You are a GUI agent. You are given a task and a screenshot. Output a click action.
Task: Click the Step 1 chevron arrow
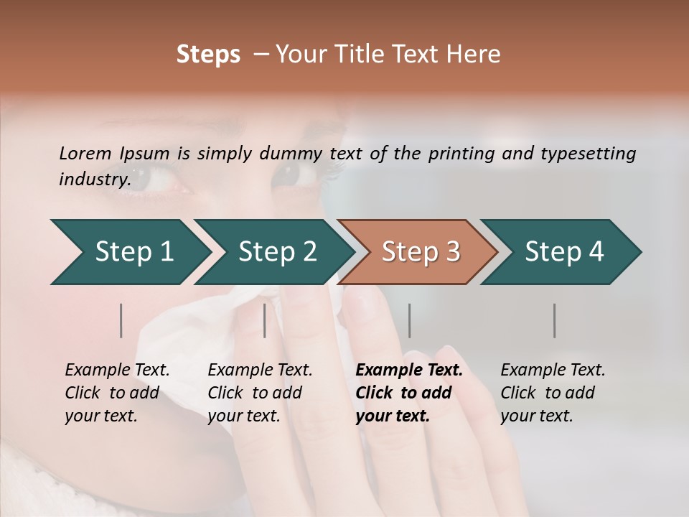coord(133,252)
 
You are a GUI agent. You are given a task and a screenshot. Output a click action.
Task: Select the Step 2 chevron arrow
coord(277,252)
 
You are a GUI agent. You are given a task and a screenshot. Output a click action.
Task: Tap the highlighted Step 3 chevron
coord(421,252)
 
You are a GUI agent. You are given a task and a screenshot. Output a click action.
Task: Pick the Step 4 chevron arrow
coord(564,252)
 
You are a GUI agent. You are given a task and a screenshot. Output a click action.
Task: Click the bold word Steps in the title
coord(208,55)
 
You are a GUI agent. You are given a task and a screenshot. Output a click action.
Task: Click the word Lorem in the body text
coord(85,154)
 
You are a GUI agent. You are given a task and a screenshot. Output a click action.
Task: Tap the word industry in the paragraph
coord(93,179)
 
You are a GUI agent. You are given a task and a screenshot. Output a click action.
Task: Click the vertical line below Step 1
coord(121,320)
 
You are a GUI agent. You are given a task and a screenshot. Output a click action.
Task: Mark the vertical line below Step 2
coord(265,320)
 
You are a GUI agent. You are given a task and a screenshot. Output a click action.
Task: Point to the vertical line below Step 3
coord(410,320)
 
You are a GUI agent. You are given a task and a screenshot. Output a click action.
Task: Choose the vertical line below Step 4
coord(555,320)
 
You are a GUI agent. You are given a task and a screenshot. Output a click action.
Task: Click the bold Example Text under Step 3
coord(409,371)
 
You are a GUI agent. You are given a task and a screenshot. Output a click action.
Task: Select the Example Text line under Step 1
coord(117,371)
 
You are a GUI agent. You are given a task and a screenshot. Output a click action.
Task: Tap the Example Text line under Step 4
coord(553,371)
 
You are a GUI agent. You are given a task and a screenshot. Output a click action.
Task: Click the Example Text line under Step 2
coord(260,371)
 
